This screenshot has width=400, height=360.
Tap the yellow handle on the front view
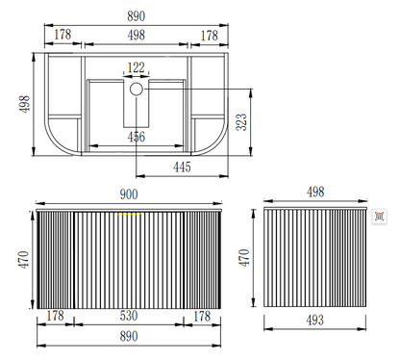[129, 213]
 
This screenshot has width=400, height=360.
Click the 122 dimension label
[137, 67]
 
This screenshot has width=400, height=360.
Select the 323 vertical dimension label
[241, 122]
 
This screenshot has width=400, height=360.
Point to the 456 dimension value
[137, 137]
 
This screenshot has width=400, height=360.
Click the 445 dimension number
[182, 167]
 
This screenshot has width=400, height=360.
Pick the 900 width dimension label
[129, 194]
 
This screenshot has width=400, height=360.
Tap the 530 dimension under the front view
[129, 316]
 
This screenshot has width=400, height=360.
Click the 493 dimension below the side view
[314, 320]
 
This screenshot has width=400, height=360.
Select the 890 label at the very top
[137, 16]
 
